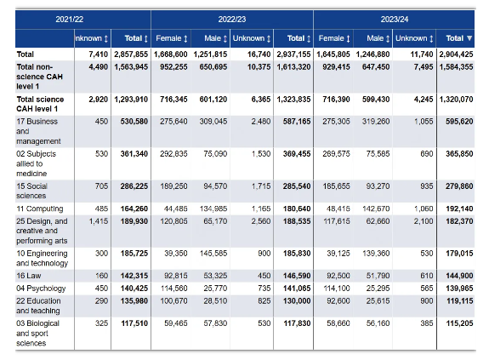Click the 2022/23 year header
tap(231, 20)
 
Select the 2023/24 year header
tap(395, 20)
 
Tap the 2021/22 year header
tap(69, 20)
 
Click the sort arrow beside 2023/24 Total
tap(469, 38)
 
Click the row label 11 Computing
tap(40, 209)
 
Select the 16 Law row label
tap(29, 276)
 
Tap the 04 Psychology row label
tap(41, 289)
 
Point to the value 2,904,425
tap(456, 54)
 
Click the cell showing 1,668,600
tap(171, 54)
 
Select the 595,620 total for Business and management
tap(459, 122)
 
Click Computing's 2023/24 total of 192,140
tap(459, 209)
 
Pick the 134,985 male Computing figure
tap(213, 209)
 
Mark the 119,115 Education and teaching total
tap(459, 301)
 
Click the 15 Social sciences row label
tap(31, 191)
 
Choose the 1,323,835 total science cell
tap(293, 100)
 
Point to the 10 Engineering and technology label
tap(43, 259)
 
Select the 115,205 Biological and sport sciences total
tap(459, 323)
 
